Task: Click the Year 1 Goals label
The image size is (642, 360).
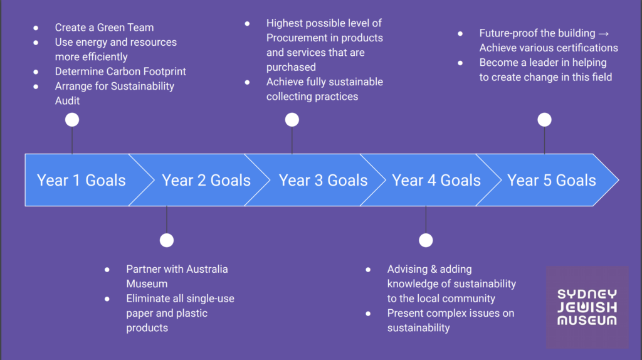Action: click(81, 180)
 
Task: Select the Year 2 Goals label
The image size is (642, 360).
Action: click(206, 180)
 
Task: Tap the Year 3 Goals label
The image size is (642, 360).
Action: click(323, 180)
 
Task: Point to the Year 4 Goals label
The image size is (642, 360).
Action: click(436, 180)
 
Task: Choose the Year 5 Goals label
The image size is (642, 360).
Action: click(552, 180)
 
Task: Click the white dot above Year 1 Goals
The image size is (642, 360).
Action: click(72, 120)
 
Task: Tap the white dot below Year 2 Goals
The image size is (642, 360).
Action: click(167, 240)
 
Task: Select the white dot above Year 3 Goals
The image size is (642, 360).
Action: click(292, 120)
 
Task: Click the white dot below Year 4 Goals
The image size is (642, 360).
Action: click(426, 240)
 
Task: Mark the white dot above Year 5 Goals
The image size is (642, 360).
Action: click(545, 120)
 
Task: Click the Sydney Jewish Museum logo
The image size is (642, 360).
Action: click(587, 307)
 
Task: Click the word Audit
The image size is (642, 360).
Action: click(68, 101)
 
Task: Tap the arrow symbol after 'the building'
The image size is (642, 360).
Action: click(604, 34)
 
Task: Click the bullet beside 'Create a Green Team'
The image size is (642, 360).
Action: click(36, 28)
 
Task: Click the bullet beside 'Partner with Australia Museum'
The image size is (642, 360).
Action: click(107, 270)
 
